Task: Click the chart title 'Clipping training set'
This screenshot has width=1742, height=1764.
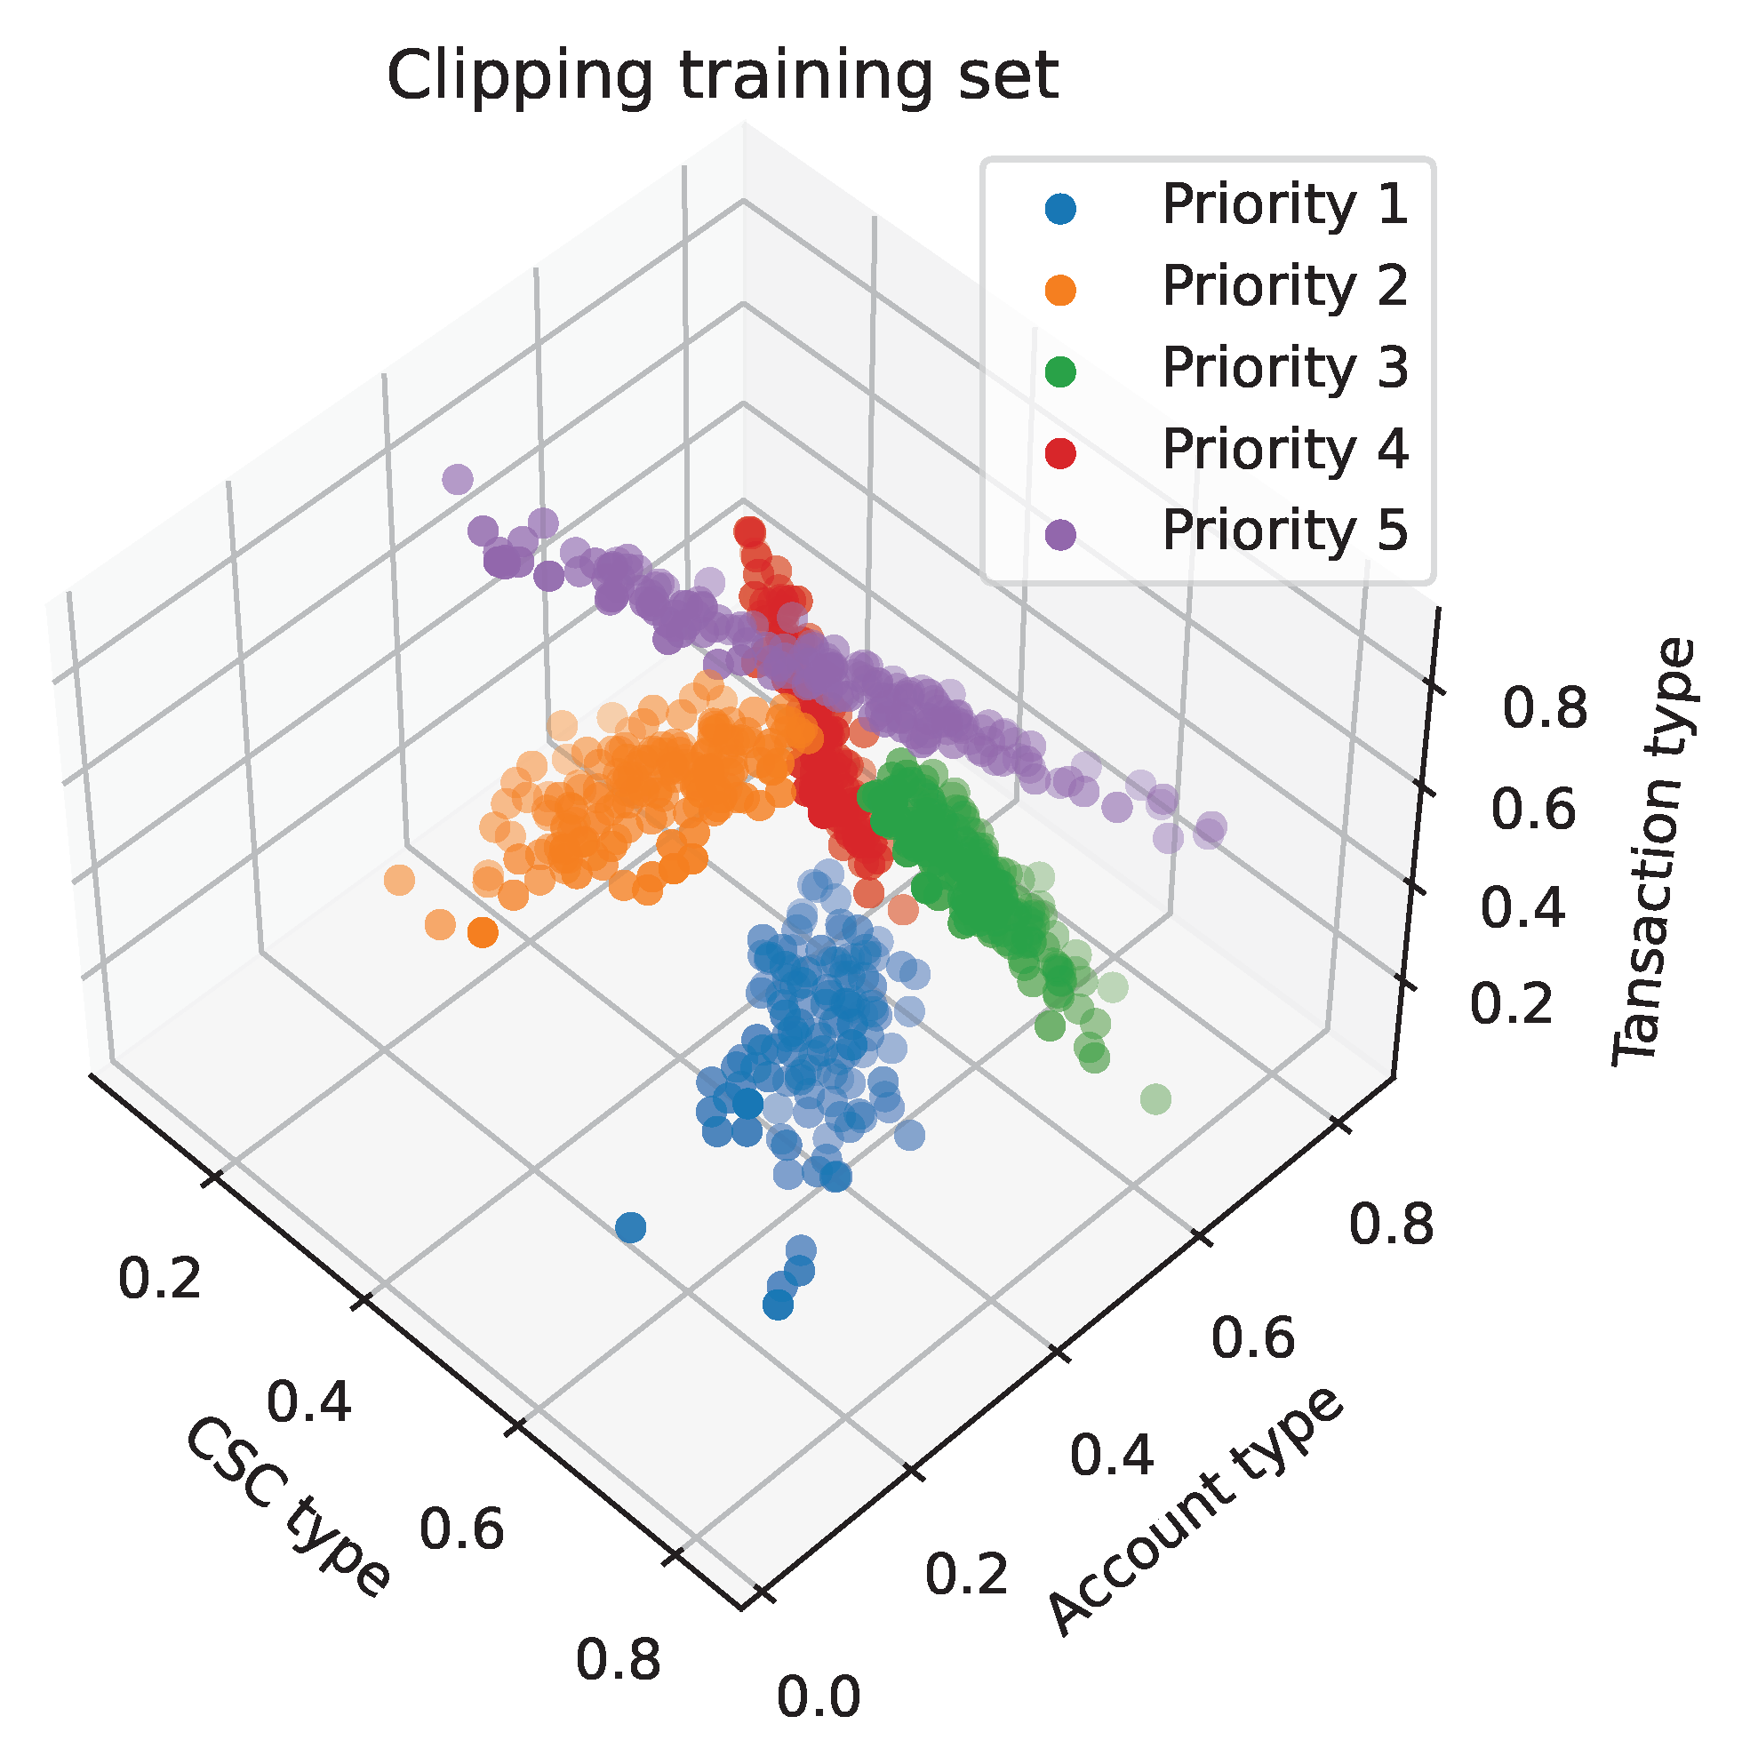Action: (x=723, y=76)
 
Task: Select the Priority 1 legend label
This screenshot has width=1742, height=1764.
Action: (x=1283, y=204)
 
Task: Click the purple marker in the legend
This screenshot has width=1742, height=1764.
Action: (x=1060, y=533)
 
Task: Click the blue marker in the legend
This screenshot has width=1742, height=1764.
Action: (x=1060, y=209)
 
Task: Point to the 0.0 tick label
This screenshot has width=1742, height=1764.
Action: (x=819, y=1696)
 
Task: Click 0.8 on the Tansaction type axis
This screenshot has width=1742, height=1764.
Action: (x=1545, y=709)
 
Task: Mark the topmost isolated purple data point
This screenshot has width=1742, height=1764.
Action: (x=458, y=478)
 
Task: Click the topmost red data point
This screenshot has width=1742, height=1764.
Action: (x=748, y=530)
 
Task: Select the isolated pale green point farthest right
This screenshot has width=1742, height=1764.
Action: (x=1155, y=1098)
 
